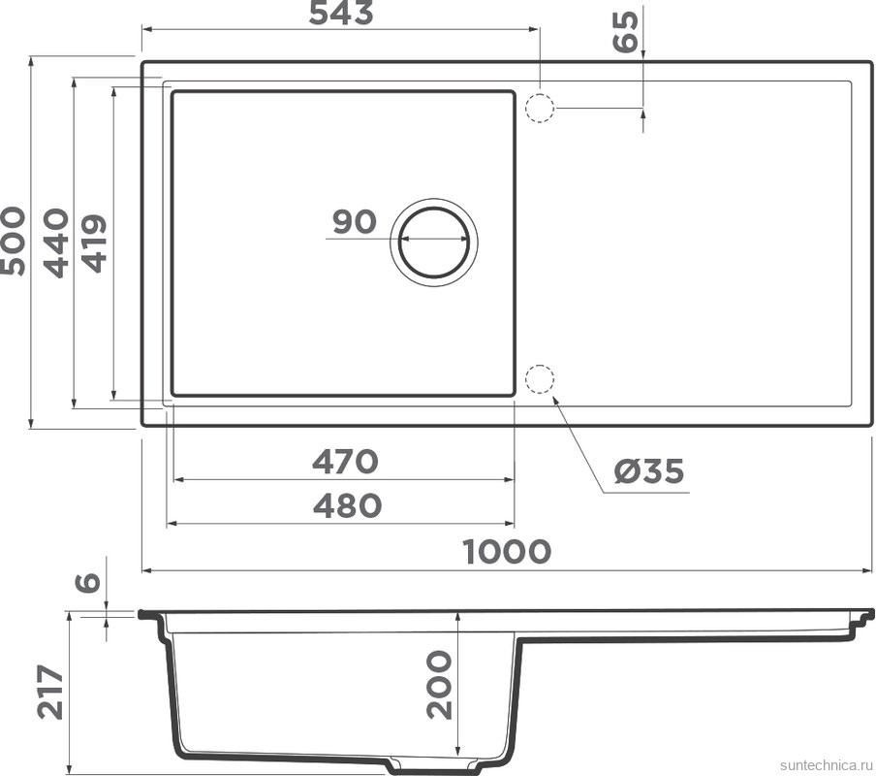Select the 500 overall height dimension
(13, 241)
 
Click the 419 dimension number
(94, 243)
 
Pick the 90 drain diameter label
(354, 222)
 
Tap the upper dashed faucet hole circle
(540, 107)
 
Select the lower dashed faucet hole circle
(540, 380)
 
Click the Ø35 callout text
(648, 472)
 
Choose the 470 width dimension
(344, 462)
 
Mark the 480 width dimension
(346, 505)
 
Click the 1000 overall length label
(507, 552)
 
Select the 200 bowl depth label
(439, 684)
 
